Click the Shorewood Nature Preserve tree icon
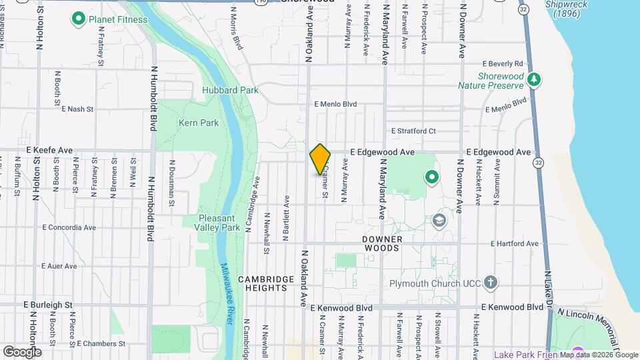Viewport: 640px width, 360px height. click(533, 80)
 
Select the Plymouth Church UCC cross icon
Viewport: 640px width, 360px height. click(491, 283)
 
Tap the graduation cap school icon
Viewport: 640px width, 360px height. click(439, 221)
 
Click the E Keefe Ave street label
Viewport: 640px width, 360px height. click(49, 151)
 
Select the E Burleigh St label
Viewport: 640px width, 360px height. click(47, 305)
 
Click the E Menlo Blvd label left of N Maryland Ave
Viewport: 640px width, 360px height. click(336, 105)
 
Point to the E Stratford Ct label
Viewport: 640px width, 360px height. click(413, 131)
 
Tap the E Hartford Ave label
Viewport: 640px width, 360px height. click(514, 244)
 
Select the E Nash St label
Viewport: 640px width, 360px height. click(77, 109)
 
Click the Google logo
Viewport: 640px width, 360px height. click(22, 351)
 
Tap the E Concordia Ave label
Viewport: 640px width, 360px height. click(69, 227)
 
